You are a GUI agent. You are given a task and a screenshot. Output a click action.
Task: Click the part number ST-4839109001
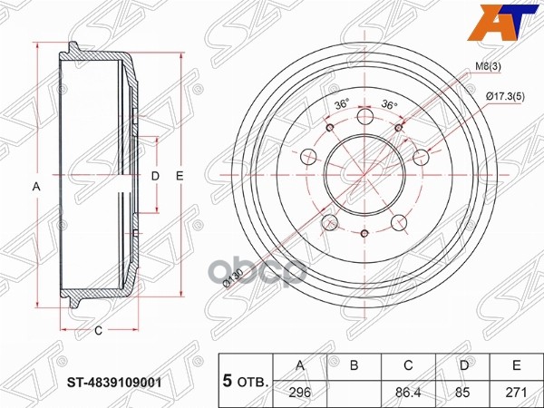pos(118,382)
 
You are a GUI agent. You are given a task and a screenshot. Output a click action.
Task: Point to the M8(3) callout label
pos(487,67)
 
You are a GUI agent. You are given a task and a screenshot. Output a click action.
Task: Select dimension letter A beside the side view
pos(36,187)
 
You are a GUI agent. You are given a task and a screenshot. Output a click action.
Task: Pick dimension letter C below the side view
pos(98,330)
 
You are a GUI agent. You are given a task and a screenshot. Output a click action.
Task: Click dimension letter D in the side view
pos(154,175)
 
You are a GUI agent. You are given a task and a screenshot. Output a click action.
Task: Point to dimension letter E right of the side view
pos(180,175)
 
